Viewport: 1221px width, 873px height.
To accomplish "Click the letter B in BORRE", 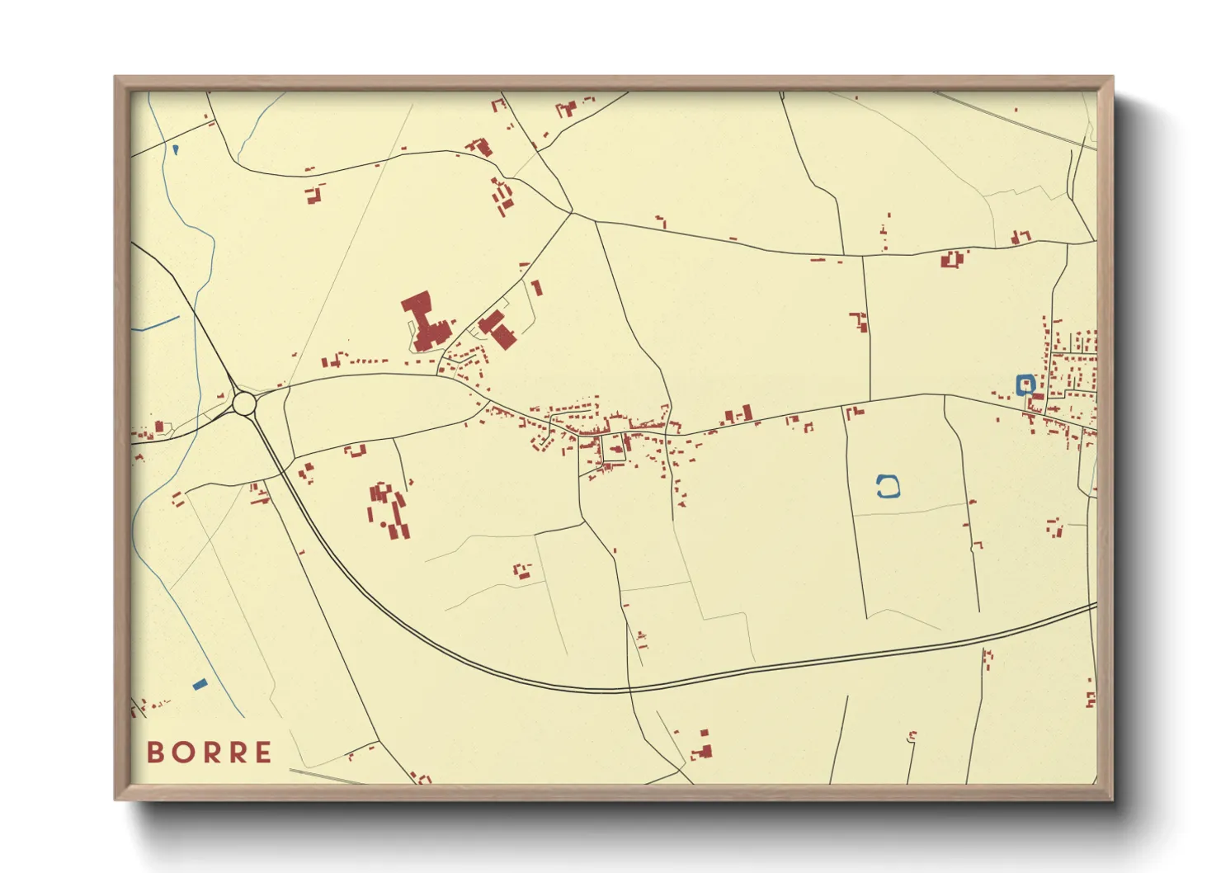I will pos(154,753).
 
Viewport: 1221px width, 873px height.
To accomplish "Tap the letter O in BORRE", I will pos(181,753).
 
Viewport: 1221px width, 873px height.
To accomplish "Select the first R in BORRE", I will pos(209,753).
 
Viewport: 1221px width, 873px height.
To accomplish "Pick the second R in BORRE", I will pos(236,753).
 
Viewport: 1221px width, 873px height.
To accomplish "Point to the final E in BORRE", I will pos(263,753).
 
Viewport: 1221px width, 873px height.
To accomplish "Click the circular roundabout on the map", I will pos(244,403).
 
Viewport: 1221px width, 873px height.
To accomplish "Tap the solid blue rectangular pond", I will pos(199,684).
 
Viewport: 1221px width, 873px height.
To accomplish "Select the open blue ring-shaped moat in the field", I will pos(887,487).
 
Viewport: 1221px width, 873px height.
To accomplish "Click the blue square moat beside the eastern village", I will pos(1025,384).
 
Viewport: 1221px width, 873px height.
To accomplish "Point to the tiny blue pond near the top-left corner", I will pos(176,149).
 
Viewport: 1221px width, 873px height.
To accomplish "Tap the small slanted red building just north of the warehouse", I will pos(536,288).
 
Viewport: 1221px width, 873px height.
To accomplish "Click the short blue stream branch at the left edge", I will pos(157,323).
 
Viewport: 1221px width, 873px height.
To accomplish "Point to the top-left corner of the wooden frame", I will pos(115,77).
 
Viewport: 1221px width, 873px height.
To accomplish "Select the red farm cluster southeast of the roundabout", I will pos(389,509).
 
